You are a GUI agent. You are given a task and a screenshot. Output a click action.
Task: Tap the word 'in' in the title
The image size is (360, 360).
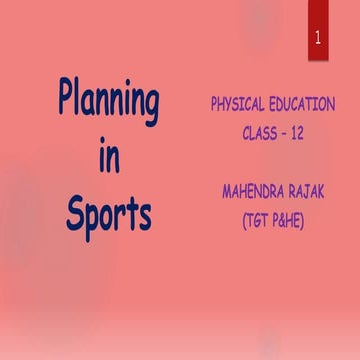click(108, 157)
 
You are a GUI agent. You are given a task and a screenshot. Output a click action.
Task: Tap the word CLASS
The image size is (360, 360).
click(262, 131)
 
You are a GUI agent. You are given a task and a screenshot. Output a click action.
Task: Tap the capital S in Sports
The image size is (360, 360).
click(75, 212)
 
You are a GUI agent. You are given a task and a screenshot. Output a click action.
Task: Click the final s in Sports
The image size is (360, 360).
click(144, 215)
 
